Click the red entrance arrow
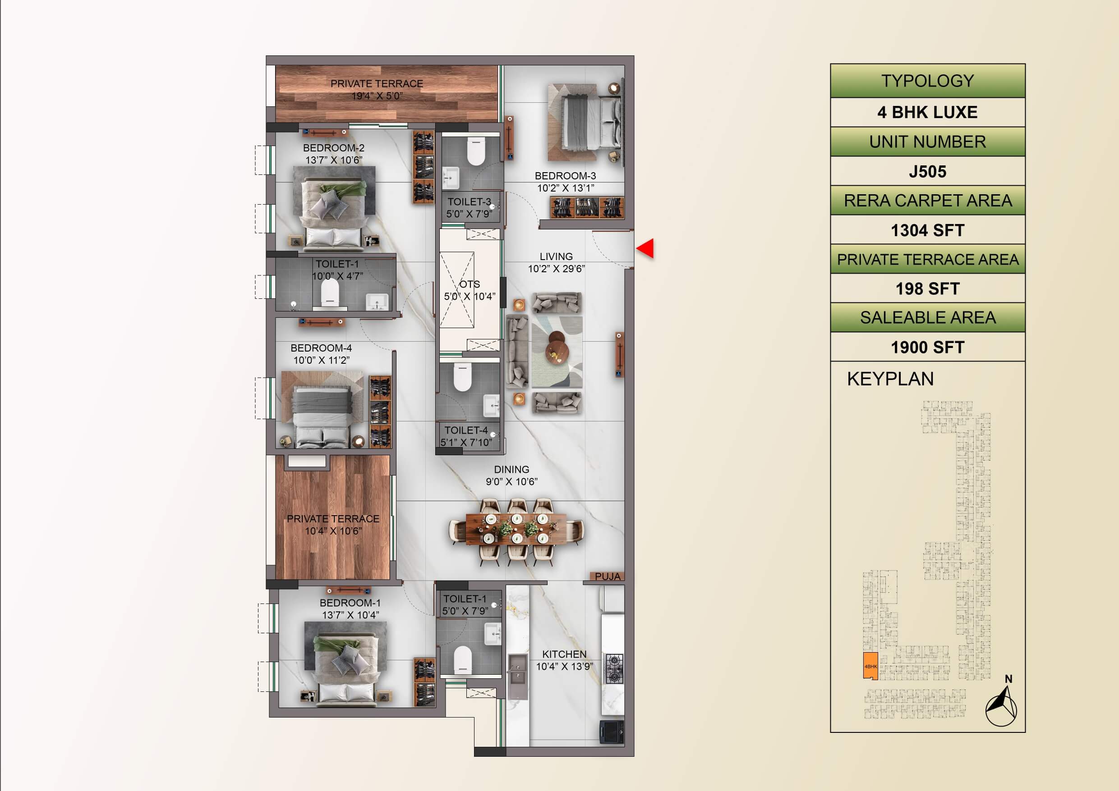point(645,248)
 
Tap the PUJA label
point(607,576)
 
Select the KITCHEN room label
point(564,654)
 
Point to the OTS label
point(470,284)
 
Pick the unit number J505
point(927,171)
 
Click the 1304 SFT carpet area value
point(927,230)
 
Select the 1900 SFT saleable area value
point(927,347)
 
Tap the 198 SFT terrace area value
point(927,289)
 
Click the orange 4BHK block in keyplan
point(870,666)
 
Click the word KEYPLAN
point(890,379)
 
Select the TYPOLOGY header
point(927,81)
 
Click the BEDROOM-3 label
point(565,176)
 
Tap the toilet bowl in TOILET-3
point(476,151)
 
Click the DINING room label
point(511,470)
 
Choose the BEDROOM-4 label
point(321,348)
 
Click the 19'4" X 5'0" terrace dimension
point(377,96)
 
